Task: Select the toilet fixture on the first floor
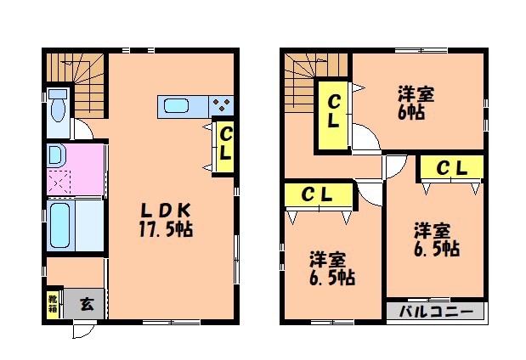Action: (x=58, y=108)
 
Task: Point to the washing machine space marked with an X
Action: (x=60, y=182)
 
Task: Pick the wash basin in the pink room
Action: (x=56, y=155)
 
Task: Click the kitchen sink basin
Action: (x=178, y=106)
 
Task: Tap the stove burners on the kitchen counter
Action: (x=221, y=106)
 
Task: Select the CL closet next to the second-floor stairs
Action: (x=334, y=112)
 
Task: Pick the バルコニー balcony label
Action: (x=435, y=311)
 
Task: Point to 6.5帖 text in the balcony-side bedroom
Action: (x=437, y=249)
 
